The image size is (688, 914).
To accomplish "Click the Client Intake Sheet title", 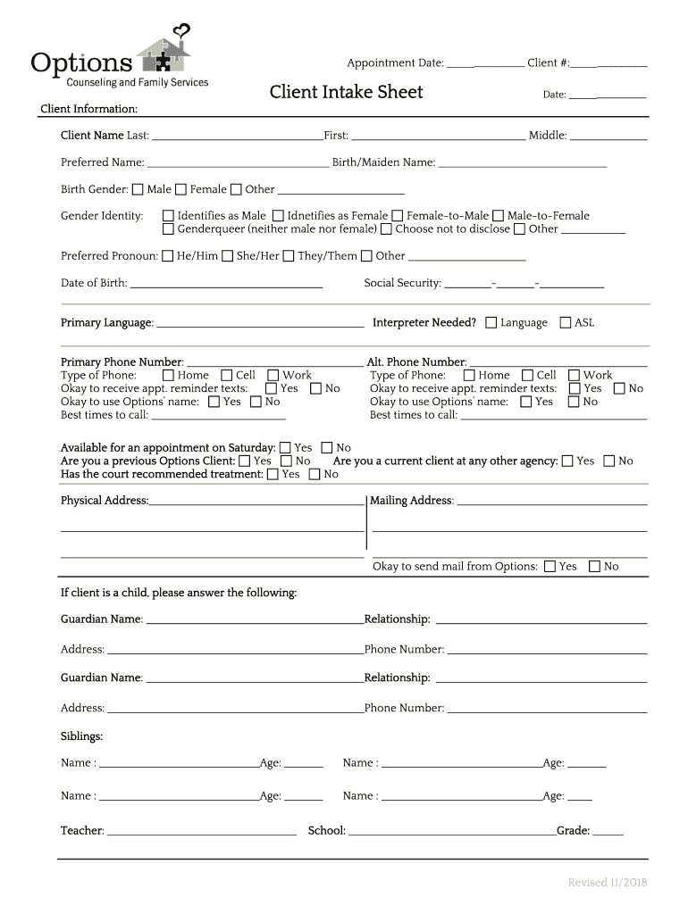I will click(346, 92).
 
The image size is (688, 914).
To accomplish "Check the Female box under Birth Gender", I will click(180, 189).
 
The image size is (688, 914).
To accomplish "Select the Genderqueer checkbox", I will click(168, 229).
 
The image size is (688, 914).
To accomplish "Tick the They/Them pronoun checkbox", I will click(288, 256).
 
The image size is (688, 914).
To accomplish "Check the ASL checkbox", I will click(565, 322).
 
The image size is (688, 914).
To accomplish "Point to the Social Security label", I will click(402, 283).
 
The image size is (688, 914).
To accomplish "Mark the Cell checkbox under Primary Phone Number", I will click(226, 376).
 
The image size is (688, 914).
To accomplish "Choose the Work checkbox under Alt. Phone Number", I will click(575, 376).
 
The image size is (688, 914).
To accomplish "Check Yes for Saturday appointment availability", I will click(285, 448).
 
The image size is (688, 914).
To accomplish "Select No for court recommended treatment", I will click(314, 474).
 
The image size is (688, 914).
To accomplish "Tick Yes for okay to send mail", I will click(550, 567).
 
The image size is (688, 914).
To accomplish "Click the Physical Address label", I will click(105, 501).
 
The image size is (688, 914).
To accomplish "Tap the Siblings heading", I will click(81, 736).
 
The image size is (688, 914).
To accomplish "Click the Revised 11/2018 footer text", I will click(608, 883).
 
